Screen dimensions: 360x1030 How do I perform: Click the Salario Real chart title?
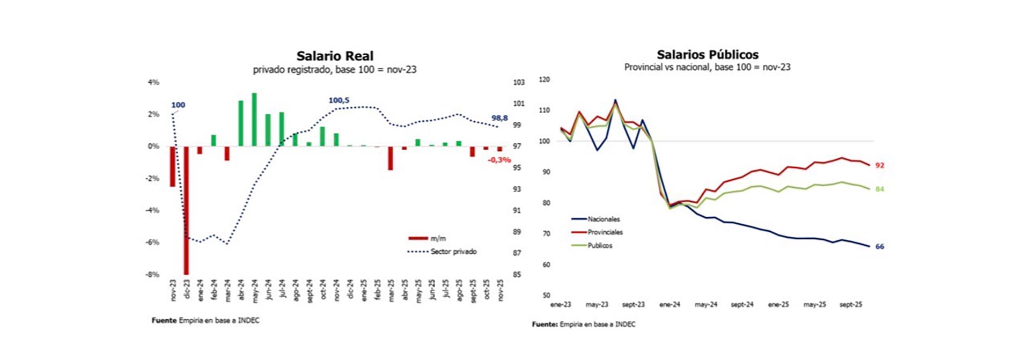coord(335,56)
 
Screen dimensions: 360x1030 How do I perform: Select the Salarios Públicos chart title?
coord(707,54)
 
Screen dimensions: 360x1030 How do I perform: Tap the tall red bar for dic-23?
coord(186,209)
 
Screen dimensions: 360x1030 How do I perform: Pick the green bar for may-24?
coord(254,119)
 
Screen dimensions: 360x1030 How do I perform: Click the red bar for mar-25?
coord(391,158)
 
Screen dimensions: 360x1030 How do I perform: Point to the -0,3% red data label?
coord(499,160)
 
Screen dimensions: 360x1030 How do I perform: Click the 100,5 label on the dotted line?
coord(339,100)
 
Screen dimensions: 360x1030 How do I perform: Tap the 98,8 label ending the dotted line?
coord(499,118)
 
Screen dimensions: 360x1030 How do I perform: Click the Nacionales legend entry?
coord(603,219)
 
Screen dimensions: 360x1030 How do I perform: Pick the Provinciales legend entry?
coord(605,232)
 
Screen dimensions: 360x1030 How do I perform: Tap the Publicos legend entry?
coord(599,245)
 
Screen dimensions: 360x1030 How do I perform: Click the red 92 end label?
coord(879,165)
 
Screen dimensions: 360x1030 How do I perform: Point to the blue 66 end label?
coord(879,246)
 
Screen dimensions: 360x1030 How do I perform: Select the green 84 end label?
coord(879,189)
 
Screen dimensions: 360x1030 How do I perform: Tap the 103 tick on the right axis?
coord(518,82)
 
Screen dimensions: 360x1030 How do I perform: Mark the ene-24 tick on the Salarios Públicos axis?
coord(669,304)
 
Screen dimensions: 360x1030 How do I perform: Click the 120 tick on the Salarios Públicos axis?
coord(544,79)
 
